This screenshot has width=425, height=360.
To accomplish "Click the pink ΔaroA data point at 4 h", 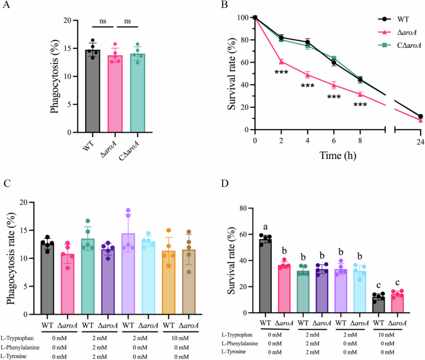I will (x=308, y=74).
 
